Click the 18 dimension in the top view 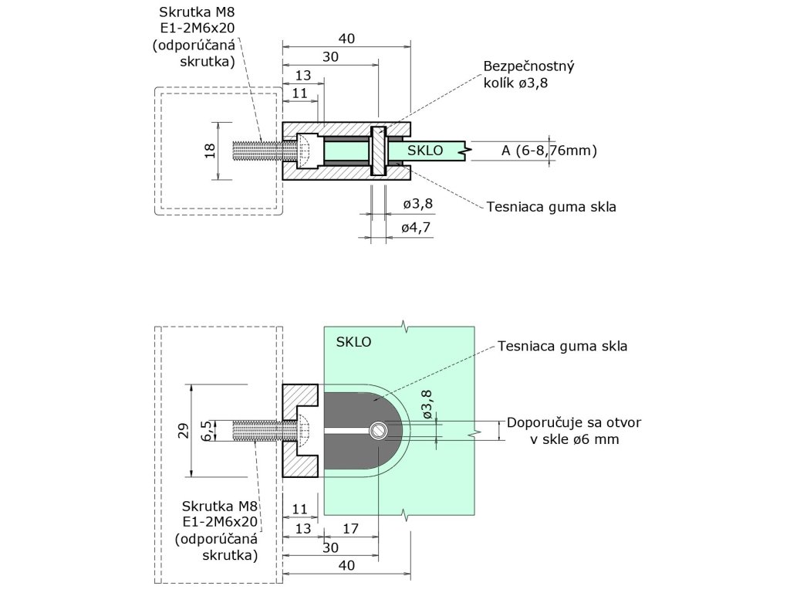(x=210, y=151)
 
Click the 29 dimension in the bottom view (x=183, y=431)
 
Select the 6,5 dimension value (x=206, y=431)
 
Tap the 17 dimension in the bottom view (x=349, y=530)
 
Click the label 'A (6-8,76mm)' (x=549, y=151)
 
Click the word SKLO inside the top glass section (x=425, y=151)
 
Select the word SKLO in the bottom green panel (x=354, y=341)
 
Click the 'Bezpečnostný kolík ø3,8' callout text (x=528, y=76)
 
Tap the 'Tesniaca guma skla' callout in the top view (x=551, y=207)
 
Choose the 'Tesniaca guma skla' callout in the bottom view (x=562, y=346)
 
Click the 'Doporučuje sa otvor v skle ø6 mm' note (x=573, y=431)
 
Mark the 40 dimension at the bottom (x=346, y=566)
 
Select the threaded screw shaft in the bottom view (x=261, y=431)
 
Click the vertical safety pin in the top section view (x=378, y=151)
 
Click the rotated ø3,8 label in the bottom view (x=427, y=404)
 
